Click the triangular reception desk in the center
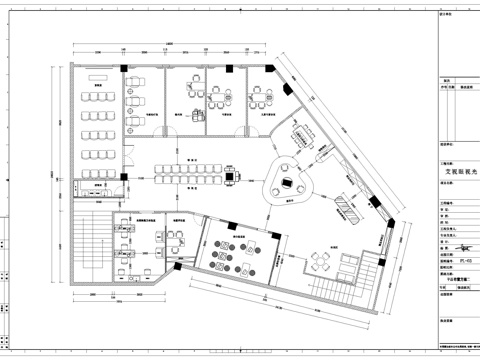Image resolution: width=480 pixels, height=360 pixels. [x=288, y=184]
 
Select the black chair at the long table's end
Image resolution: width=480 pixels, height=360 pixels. [x=232, y=178]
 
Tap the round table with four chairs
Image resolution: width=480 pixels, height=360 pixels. [x=320, y=261]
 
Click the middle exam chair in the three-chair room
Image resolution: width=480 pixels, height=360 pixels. [x=212, y=96]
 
